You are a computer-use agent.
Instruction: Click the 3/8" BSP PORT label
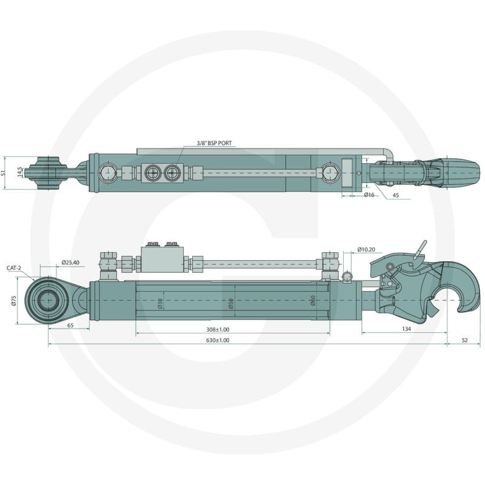(214, 143)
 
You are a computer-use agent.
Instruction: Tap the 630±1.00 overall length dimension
(218, 340)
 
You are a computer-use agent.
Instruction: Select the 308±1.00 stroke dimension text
(218, 330)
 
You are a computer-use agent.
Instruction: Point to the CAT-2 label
(14, 268)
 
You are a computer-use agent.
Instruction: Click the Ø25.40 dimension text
(70, 263)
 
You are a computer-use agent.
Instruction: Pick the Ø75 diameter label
(13, 301)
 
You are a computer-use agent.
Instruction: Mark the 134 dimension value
(406, 329)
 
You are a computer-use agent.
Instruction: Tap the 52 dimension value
(464, 340)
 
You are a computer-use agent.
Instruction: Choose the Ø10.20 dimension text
(366, 249)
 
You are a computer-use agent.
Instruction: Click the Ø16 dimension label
(369, 195)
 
